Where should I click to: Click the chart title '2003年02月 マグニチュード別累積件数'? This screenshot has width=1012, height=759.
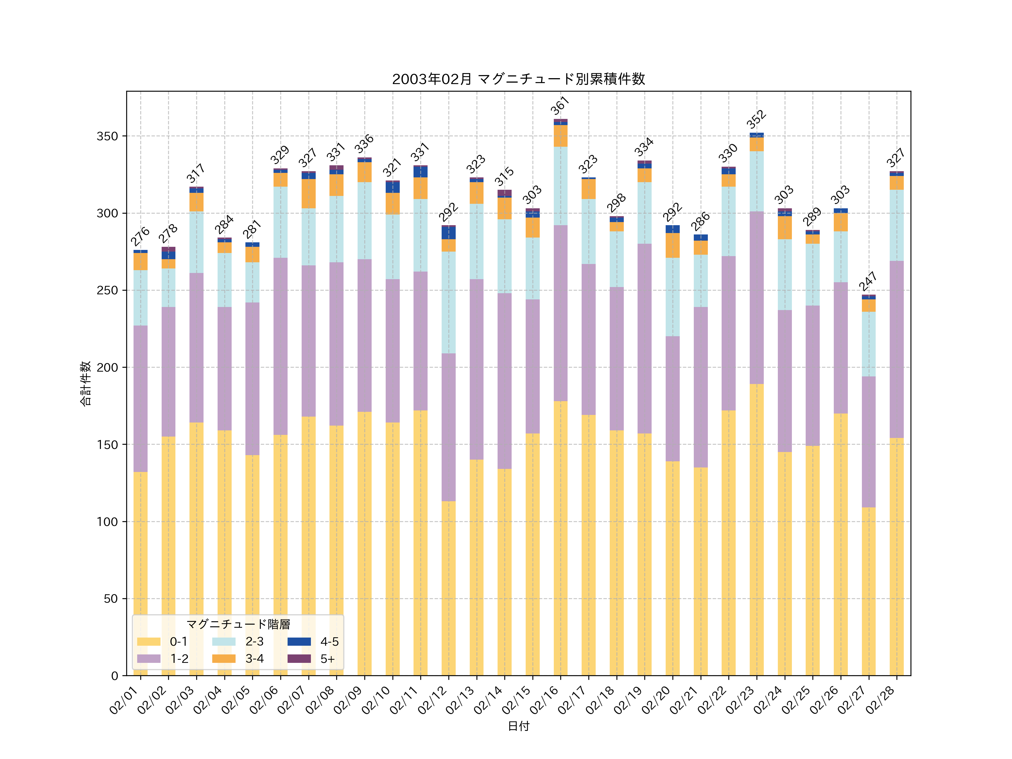tap(518, 79)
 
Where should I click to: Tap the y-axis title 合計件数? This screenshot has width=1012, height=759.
tap(85, 383)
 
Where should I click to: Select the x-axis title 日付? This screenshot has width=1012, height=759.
tap(518, 726)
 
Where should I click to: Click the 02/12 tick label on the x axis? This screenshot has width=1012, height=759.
tap(432, 700)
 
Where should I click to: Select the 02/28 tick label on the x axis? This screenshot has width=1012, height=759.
tap(880, 700)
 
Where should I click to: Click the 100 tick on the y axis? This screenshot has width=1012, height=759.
tap(107, 521)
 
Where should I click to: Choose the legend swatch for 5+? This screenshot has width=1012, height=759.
tap(299, 658)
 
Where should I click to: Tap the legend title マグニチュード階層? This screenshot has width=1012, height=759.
tap(238, 624)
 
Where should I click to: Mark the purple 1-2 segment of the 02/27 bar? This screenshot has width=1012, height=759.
tap(868, 442)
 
